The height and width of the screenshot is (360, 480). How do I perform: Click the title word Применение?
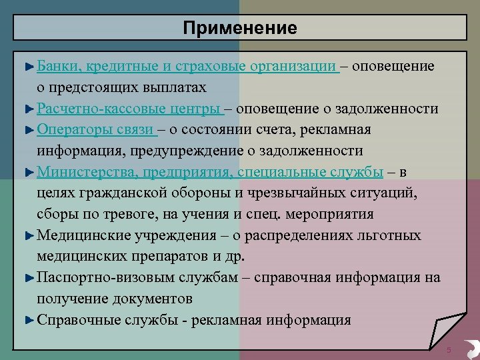pyautogui.click(x=240, y=28)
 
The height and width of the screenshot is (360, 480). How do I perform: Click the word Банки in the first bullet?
pyautogui.click(x=57, y=66)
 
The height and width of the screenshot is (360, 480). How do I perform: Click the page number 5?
pyautogui.click(x=449, y=351)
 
